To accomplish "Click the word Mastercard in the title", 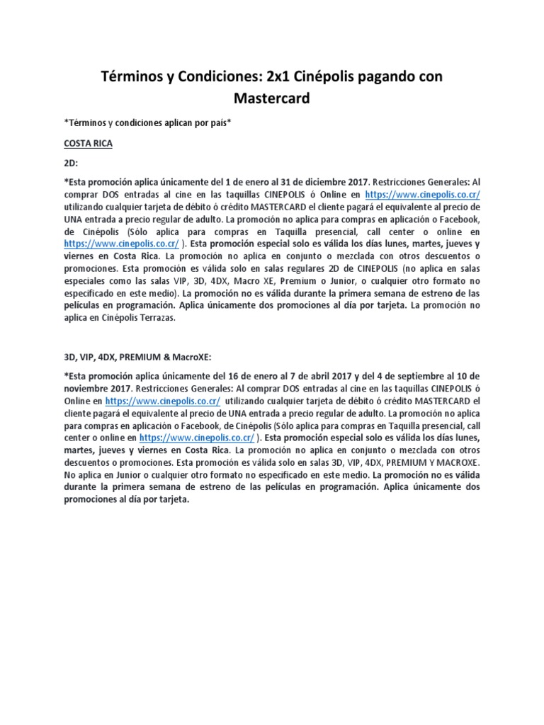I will point(271,98).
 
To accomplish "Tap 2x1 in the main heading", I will point(277,76).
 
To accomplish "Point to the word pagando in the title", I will point(389,76).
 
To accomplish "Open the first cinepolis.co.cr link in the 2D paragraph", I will point(423,194).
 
